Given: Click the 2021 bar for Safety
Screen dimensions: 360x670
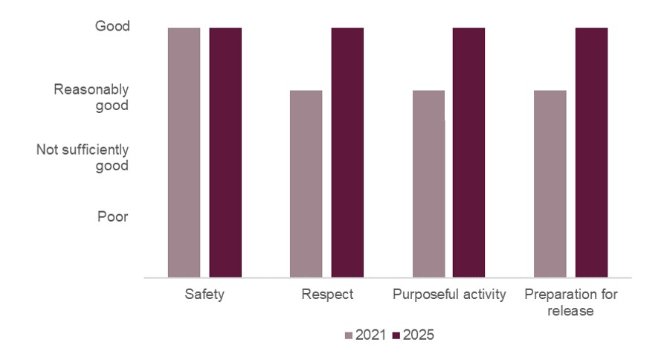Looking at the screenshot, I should click(184, 152).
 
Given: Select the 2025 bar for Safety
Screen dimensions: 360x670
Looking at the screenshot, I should click(225, 152).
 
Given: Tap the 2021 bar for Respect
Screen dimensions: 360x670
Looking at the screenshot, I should click(306, 184).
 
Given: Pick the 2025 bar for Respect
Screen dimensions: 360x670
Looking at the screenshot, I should click(347, 152).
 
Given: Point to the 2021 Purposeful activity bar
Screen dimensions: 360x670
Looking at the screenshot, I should click(428, 184).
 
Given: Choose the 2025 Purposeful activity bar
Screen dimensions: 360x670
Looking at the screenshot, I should click(469, 152).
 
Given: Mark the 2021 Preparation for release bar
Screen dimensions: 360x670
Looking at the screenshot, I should click(550, 184).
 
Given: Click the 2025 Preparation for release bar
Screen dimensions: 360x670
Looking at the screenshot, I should click(591, 152).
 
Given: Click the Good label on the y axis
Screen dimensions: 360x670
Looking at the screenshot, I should click(112, 27).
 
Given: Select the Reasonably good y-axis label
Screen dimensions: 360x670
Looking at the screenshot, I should click(91, 97).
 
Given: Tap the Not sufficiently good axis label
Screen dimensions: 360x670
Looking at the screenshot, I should click(83, 158).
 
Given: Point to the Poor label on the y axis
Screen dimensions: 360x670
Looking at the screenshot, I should click(112, 217).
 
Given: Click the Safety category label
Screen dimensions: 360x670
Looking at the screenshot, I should click(204, 295).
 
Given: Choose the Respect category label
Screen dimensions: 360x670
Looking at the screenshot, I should click(327, 295).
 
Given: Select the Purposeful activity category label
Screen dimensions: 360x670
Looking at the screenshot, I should click(449, 295).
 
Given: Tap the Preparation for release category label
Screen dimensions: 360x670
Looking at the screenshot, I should click(571, 303).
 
